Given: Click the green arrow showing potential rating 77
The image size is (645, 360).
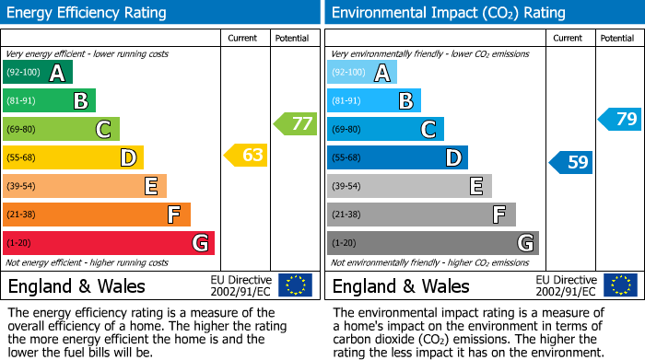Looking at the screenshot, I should [x=295, y=123].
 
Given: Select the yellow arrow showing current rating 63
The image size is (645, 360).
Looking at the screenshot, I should [x=246, y=156].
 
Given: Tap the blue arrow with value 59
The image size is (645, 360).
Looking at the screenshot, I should [x=571, y=163].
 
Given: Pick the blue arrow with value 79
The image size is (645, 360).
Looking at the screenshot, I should [x=620, y=119].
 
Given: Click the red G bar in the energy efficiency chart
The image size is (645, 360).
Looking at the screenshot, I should [x=109, y=243].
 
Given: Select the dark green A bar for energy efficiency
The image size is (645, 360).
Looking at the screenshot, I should [x=38, y=73].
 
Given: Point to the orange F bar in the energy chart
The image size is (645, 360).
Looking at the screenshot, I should [x=97, y=215].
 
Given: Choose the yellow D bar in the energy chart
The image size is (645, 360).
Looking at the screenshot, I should [x=73, y=157].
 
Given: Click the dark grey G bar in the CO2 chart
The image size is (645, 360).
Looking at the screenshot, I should [x=433, y=243].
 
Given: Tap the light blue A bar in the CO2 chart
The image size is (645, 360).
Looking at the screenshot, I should [x=362, y=73].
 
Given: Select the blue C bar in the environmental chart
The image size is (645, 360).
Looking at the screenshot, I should [x=385, y=129].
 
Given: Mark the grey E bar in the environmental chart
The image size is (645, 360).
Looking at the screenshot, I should [x=409, y=186].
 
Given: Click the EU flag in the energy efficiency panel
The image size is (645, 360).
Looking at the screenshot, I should [x=295, y=285].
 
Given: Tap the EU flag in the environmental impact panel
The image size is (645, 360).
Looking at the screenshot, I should [x=620, y=285].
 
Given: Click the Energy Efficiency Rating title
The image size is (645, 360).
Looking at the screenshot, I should [x=88, y=13].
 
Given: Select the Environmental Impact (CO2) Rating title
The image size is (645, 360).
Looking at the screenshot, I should [x=448, y=13].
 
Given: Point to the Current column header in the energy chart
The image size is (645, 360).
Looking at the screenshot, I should [x=244, y=38].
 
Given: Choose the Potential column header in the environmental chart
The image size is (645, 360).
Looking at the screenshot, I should [x=617, y=38].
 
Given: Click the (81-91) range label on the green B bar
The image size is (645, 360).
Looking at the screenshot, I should [x=23, y=101].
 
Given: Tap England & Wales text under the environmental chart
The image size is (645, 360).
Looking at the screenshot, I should [x=401, y=286].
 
